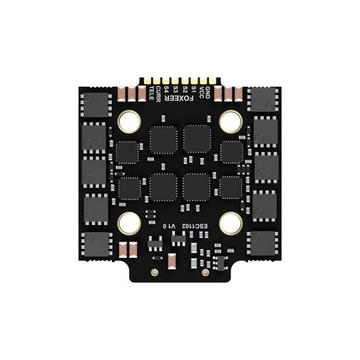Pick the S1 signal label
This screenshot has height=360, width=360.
click(x=193, y=91)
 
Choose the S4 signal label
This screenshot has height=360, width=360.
click(x=167, y=91)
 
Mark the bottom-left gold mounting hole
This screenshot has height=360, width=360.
click(x=129, y=222)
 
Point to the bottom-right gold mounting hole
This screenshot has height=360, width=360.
click(x=230, y=222)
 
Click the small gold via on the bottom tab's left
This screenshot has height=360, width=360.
click(x=155, y=272)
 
